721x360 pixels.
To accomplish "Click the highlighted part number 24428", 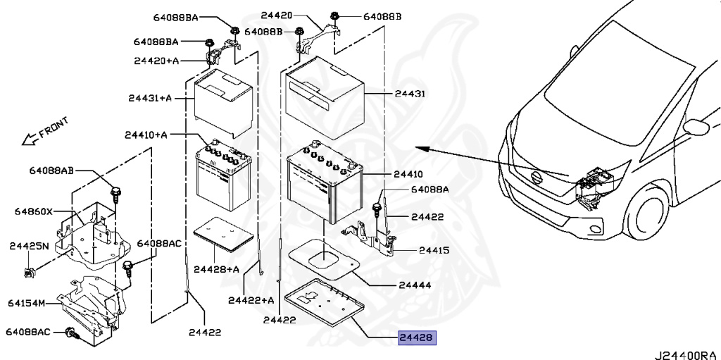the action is click(417, 338).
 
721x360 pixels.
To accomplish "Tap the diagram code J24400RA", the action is click(687, 354).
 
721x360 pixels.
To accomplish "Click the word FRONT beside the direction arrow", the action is click(54, 128).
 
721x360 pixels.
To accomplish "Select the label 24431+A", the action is click(150, 98).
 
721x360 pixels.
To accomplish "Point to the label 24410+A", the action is click(146, 135).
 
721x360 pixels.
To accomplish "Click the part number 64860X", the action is click(33, 212).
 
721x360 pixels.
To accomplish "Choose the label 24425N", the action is click(29, 247).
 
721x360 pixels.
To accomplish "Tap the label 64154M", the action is click(26, 304).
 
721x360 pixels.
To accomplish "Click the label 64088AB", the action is click(51, 170).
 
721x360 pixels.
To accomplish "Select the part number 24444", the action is click(415, 285).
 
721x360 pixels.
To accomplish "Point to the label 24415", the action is click(434, 251).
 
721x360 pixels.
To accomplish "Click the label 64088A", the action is click(430, 190).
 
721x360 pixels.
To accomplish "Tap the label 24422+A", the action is click(251, 301).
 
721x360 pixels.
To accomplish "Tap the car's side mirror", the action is click(696, 127).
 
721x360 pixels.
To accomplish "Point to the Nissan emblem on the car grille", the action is click(536, 177).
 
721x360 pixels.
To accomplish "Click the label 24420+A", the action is click(156, 61).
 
